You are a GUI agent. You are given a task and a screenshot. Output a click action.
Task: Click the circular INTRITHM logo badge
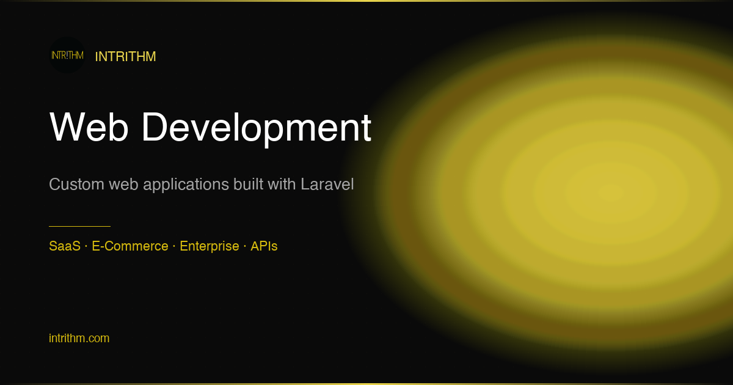[x=67, y=55]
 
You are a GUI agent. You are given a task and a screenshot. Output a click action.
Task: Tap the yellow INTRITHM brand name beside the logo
[x=125, y=57]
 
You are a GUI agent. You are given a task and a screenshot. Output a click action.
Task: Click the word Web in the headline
[x=89, y=127]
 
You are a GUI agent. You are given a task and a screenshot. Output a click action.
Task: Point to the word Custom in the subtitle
[x=76, y=184]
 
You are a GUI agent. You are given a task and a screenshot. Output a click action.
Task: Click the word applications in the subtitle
[x=186, y=185]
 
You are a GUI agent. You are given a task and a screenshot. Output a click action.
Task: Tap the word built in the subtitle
[x=249, y=184]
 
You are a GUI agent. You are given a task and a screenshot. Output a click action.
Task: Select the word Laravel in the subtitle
[x=327, y=184]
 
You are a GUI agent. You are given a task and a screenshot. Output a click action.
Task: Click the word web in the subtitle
[x=123, y=185]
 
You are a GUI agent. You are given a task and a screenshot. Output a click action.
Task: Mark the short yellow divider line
[x=79, y=226]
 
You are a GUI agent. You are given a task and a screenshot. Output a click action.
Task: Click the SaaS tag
[x=65, y=246]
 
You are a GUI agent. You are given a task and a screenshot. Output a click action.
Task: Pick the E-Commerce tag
[x=130, y=246]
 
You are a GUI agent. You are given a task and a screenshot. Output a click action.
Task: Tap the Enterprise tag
[x=210, y=246]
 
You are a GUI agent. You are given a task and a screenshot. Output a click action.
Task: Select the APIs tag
[x=264, y=246]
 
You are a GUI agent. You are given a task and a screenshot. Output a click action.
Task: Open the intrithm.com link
[x=79, y=338]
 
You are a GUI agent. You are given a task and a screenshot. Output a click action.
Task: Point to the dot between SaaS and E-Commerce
[x=86, y=246]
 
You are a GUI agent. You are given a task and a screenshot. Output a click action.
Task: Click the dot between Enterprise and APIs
[x=245, y=246]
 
